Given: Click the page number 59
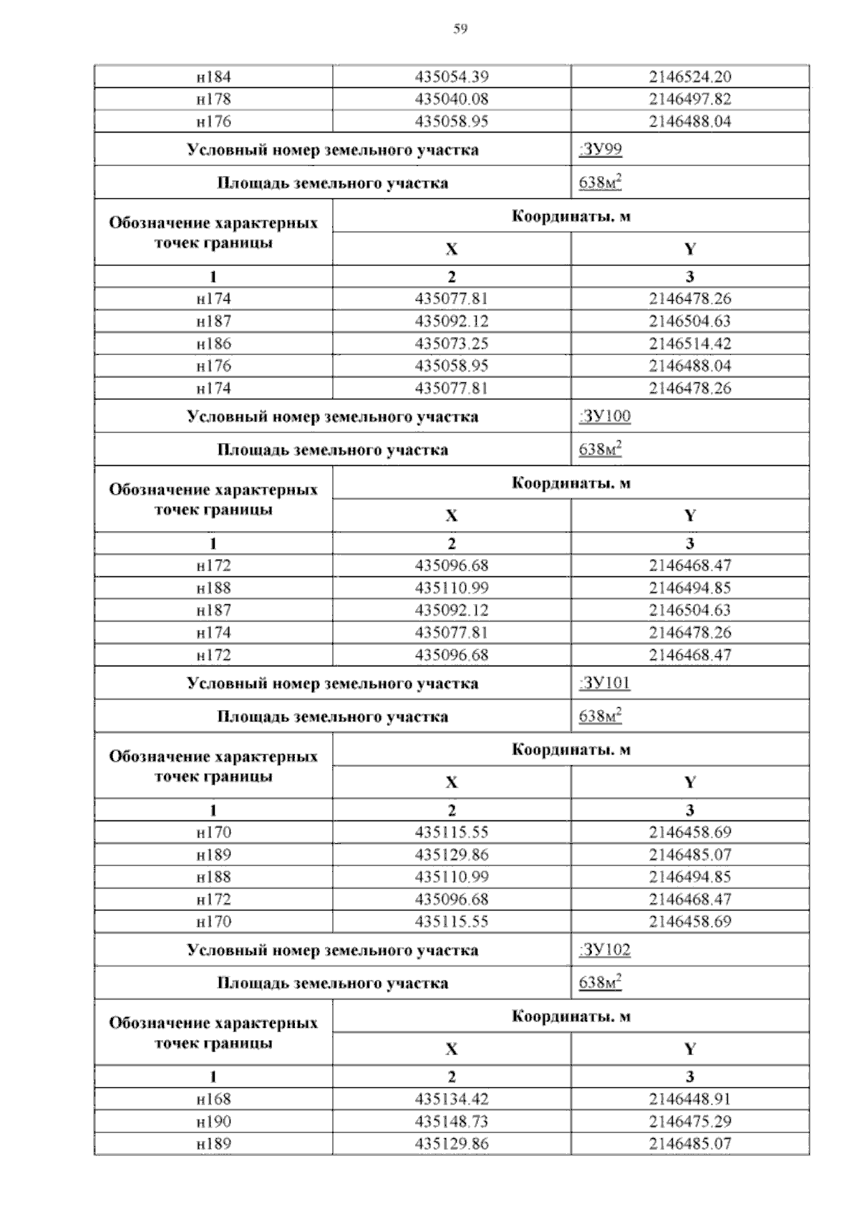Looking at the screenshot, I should click(460, 29).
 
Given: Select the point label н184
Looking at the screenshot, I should click(213, 77).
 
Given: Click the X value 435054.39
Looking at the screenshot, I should click(452, 77).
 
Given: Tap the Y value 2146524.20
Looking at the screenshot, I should click(690, 77).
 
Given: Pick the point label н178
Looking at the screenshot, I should click(213, 99).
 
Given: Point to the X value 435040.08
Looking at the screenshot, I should click(452, 99).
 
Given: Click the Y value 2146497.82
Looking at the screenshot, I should click(690, 99).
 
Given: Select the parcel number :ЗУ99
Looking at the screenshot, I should click(600, 150).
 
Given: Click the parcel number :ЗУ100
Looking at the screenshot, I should click(604, 417).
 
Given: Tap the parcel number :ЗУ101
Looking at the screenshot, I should click(604, 683).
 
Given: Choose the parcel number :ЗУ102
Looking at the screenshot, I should click(604, 950).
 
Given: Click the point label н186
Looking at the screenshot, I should click(213, 344).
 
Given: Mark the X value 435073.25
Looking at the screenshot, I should click(452, 344).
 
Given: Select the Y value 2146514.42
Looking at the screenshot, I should click(690, 344).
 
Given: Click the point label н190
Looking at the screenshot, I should click(213, 1122).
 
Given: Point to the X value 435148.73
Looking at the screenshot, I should click(452, 1122).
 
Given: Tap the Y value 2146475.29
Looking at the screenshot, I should click(690, 1122).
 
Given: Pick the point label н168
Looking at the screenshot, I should click(213, 1099).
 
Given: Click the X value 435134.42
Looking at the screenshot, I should click(452, 1099).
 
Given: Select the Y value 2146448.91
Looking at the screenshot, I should click(690, 1099).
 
